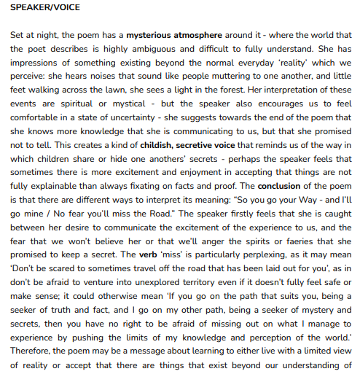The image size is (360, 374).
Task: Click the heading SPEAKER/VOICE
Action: pos(44,8)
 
